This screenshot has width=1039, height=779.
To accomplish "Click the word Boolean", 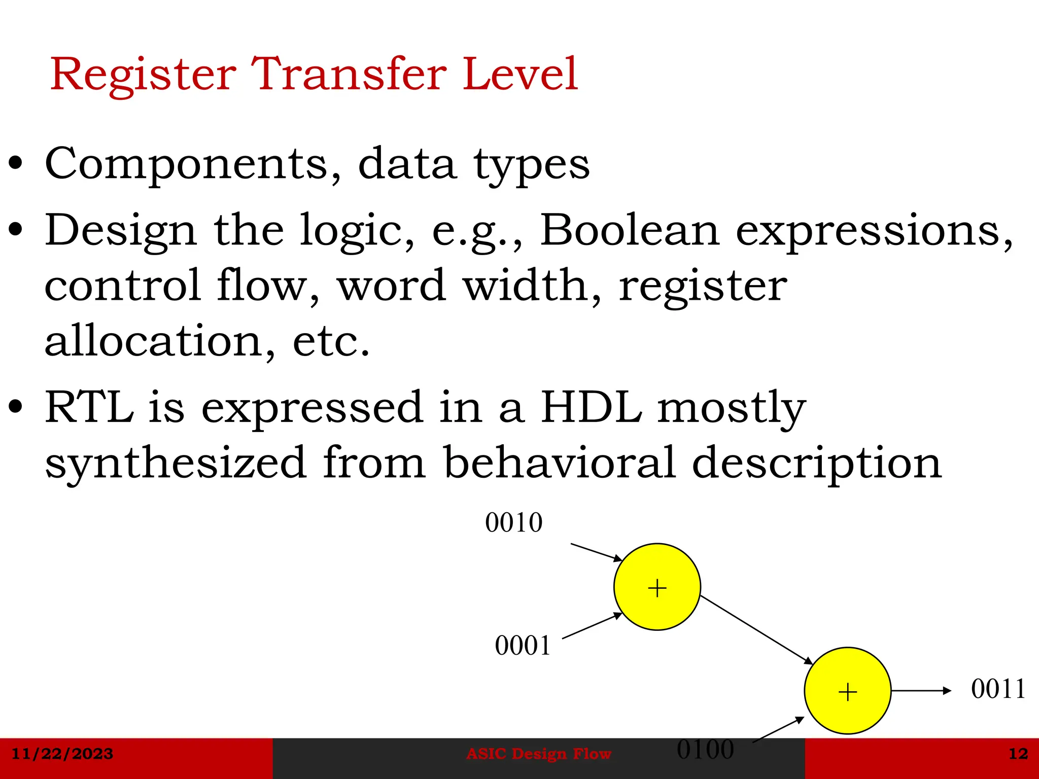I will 629,231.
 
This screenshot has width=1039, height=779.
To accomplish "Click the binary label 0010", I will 513,523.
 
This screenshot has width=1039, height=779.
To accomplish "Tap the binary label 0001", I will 523,646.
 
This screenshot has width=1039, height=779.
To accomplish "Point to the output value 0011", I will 998,689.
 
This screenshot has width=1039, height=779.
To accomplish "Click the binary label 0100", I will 705,750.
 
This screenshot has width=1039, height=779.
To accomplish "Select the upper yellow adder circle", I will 657,587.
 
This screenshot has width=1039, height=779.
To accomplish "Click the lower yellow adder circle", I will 848,691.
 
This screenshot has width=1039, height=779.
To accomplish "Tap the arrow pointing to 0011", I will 920,690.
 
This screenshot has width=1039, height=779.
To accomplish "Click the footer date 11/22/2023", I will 62,754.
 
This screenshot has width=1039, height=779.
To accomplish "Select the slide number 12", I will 1018,754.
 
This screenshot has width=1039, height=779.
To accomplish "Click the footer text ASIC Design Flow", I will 538,754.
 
